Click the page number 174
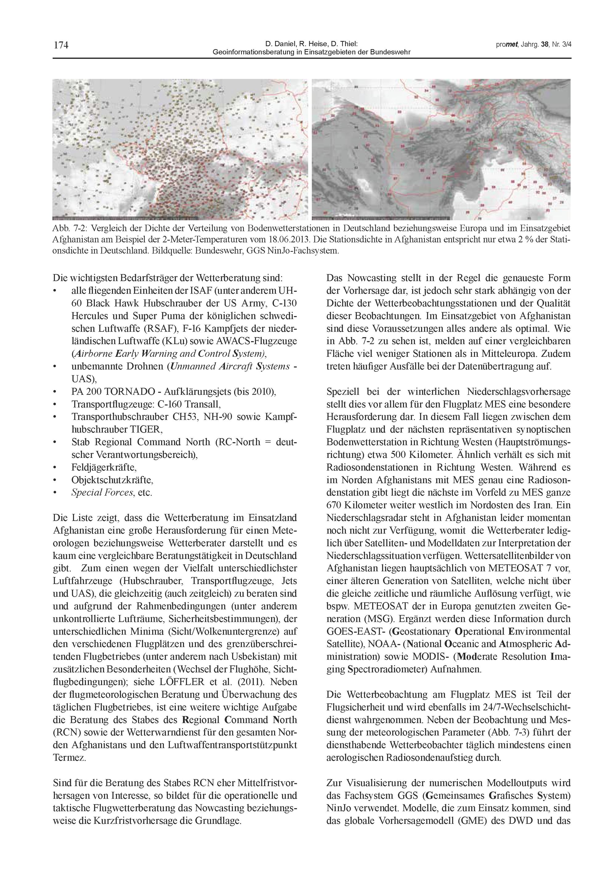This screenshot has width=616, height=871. tap(61, 46)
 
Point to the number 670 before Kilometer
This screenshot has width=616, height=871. tap(334, 505)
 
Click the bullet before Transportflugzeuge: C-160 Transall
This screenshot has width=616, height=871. tap(55, 405)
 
